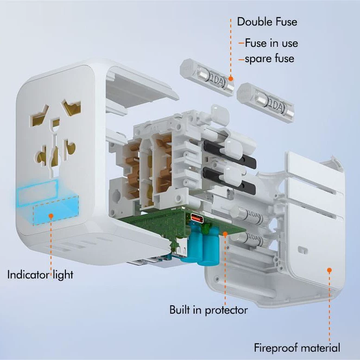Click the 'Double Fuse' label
[267, 22]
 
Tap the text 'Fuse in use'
[272, 43]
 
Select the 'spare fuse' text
[270, 59]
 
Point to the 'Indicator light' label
[40, 275]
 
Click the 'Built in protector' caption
[208, 310]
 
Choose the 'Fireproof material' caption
[297, 348]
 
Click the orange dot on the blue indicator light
[51, 216]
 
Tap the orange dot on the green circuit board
[225, 234]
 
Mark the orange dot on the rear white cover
[329, 270]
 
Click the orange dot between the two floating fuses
[231, 79]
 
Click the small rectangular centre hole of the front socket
[56, 122]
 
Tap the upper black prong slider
[230, 153]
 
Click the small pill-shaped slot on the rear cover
[303, 249]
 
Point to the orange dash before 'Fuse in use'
[241, 43]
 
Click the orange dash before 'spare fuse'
[241, 60]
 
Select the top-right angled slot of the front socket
[72, 106]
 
